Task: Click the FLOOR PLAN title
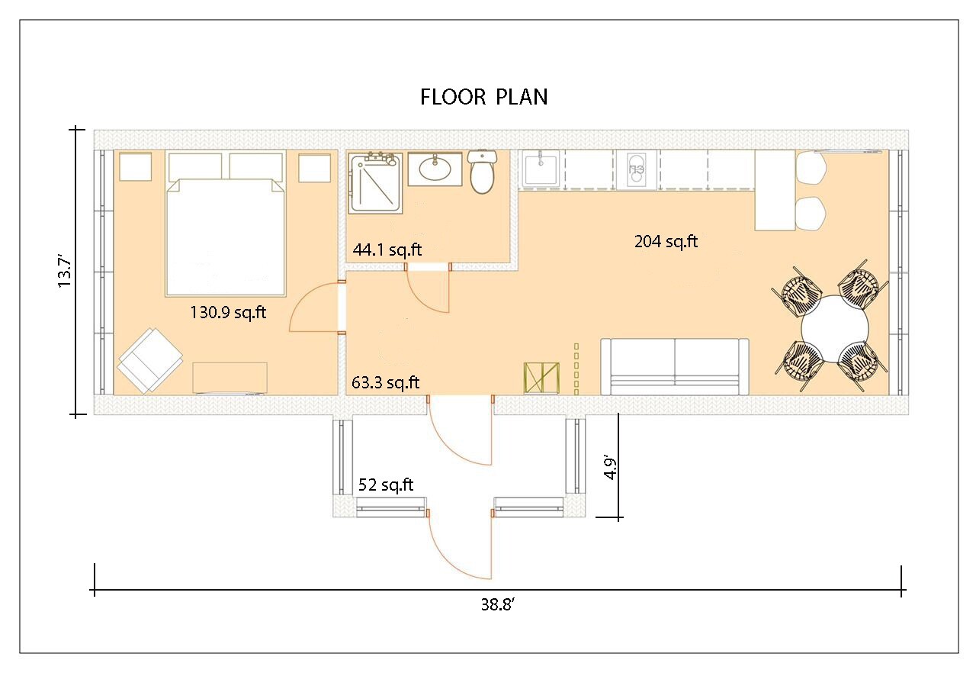point(483,97)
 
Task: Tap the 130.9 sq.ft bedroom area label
point(228,313)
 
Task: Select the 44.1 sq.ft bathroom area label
point(387,250)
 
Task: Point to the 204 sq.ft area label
point(666,241)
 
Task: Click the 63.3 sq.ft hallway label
point(385,382)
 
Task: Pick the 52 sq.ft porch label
point(386,485)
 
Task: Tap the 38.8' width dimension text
point(498,604)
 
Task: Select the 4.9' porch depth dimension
point(610,469)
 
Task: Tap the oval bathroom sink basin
point(435,168)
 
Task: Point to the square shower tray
point(375,183)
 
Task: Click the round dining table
point(835,329)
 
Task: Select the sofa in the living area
point(675,366)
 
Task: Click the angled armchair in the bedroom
point(149,360)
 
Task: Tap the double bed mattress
point(225,237)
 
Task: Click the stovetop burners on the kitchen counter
point(637,169)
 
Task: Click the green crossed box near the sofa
point(541,378)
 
